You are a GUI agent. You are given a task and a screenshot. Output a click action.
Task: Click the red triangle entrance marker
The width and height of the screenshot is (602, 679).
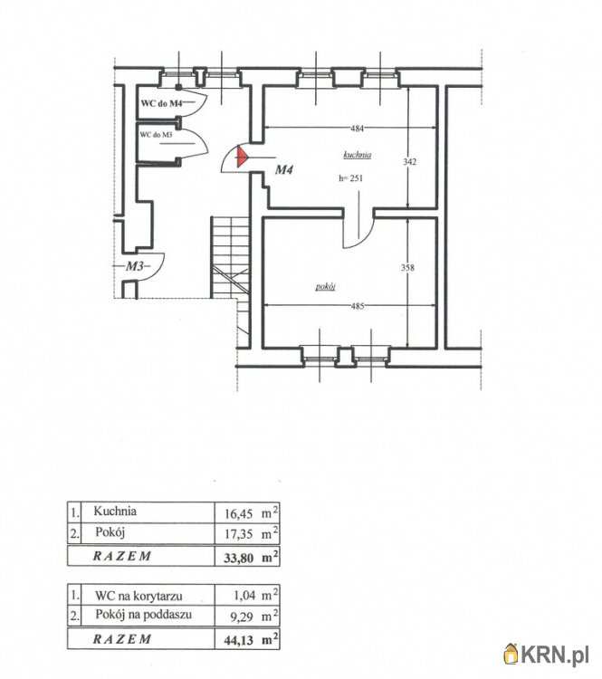[x=241, y=157]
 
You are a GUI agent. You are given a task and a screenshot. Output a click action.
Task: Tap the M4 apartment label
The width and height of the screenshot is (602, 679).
[x=284, y=169]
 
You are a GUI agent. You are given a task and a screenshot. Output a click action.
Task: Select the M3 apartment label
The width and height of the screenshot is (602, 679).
[x=134, y=266]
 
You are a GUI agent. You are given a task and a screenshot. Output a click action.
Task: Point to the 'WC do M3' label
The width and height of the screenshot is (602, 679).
[x=156, y=135]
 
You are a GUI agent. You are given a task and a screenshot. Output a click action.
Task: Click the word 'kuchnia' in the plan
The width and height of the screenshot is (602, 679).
[x=358, y=155]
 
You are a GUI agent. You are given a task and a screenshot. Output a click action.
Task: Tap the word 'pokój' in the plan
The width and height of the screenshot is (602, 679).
[x=326, y=287]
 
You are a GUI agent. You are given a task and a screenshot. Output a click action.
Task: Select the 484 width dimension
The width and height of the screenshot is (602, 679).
[x=358, y=129]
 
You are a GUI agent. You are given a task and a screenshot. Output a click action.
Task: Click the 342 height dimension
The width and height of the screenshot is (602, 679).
[x=409, y=161]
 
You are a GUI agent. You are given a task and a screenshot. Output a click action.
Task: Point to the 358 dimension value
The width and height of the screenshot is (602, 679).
[x=407, y=268]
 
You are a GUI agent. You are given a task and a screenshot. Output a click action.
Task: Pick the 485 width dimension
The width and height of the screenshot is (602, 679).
[x=358, y=306]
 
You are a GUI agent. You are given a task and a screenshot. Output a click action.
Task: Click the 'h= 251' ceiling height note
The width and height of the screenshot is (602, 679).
[x=351, y=178]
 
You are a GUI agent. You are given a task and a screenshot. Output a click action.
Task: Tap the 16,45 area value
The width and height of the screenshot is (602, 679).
[x=239, y=514]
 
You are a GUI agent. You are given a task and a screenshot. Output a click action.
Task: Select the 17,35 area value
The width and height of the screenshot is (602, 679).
[x=239, y=534]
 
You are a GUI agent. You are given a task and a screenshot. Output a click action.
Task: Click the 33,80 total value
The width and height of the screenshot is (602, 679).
[x=239, y=558]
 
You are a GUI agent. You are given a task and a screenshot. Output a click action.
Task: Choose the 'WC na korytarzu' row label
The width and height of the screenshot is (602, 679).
[x=139, y=596]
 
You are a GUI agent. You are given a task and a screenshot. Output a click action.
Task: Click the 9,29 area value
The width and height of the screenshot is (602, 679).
[x=244, y=617]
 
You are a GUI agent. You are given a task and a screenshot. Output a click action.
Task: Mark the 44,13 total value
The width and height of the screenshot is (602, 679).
[x=239, y=640]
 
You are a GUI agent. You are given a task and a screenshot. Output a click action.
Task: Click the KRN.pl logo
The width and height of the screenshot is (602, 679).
[x=547, y=655]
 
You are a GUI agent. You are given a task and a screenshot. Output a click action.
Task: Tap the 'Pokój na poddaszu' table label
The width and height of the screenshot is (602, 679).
[x=143, y=615]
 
